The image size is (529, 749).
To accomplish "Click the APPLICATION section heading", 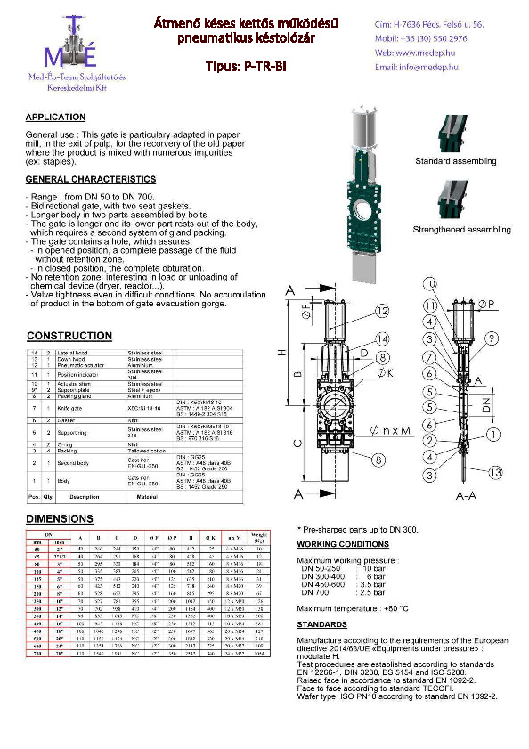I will (x=55, y=118).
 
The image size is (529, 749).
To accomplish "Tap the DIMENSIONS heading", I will (x=59, y=517).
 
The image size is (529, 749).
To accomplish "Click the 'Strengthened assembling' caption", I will (x=461, y=230).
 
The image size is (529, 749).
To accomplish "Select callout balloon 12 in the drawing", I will (x=381, y=311).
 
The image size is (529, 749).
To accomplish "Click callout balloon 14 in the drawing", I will (x=381, y=339).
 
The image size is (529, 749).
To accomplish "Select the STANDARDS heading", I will (x=321, y=624).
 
